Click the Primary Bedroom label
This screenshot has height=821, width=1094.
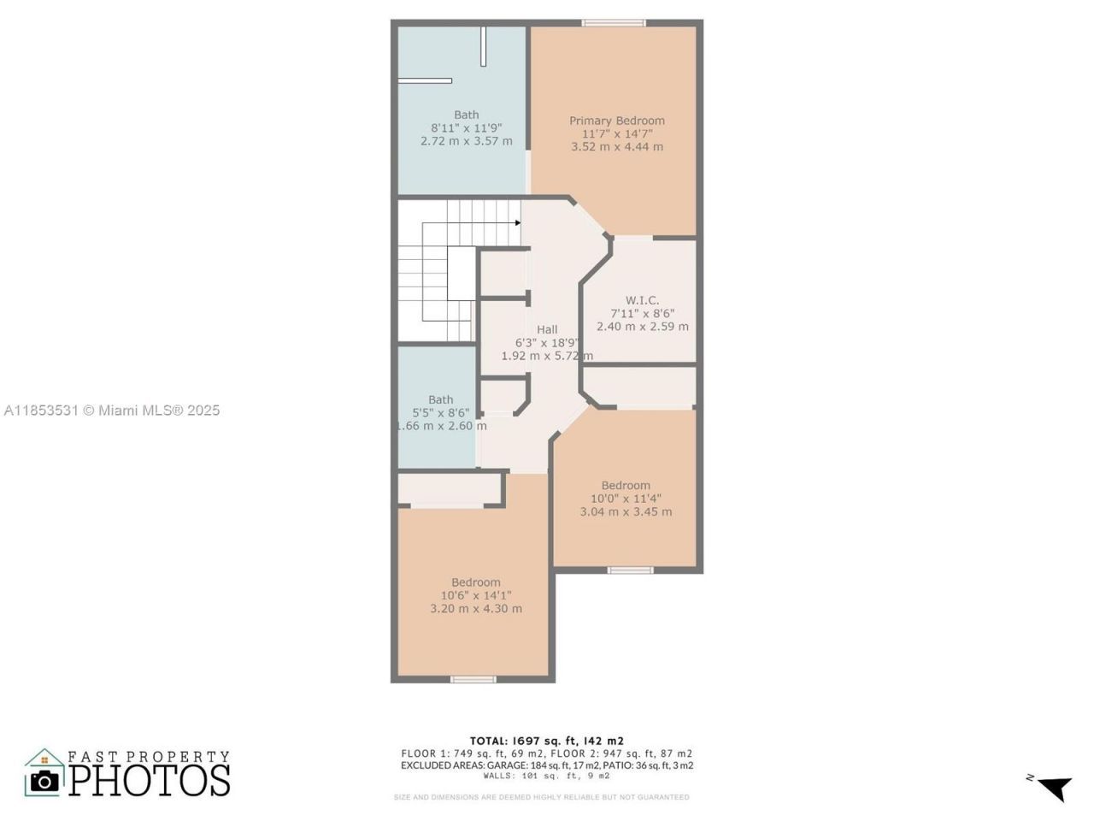point(617,121)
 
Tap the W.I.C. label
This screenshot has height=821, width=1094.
point(642,300)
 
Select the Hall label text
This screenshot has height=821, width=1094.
point(547,329)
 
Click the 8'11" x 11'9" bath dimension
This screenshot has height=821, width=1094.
point(466,128)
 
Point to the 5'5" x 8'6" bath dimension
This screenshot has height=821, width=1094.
point(440,412)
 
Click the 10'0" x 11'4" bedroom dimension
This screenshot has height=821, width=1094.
point(626,499)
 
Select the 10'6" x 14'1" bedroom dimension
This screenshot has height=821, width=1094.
point(476,596)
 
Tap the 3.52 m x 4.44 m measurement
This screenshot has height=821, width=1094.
point(617,146)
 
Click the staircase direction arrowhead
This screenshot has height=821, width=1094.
point(518,223)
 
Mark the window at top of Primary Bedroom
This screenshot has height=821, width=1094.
point(614,23)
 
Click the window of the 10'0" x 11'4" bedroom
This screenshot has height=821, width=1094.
point(631,570)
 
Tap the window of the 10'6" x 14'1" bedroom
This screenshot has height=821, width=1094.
point(473,680)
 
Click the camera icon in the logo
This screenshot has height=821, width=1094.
point(45,780)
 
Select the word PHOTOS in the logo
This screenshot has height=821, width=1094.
point(150,780)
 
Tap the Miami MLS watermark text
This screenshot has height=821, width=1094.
point(112,410)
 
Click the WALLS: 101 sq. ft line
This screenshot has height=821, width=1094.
point(546,777)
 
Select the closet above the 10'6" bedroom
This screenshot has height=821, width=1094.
point(449,489)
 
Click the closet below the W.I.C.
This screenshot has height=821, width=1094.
point(639,387)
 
